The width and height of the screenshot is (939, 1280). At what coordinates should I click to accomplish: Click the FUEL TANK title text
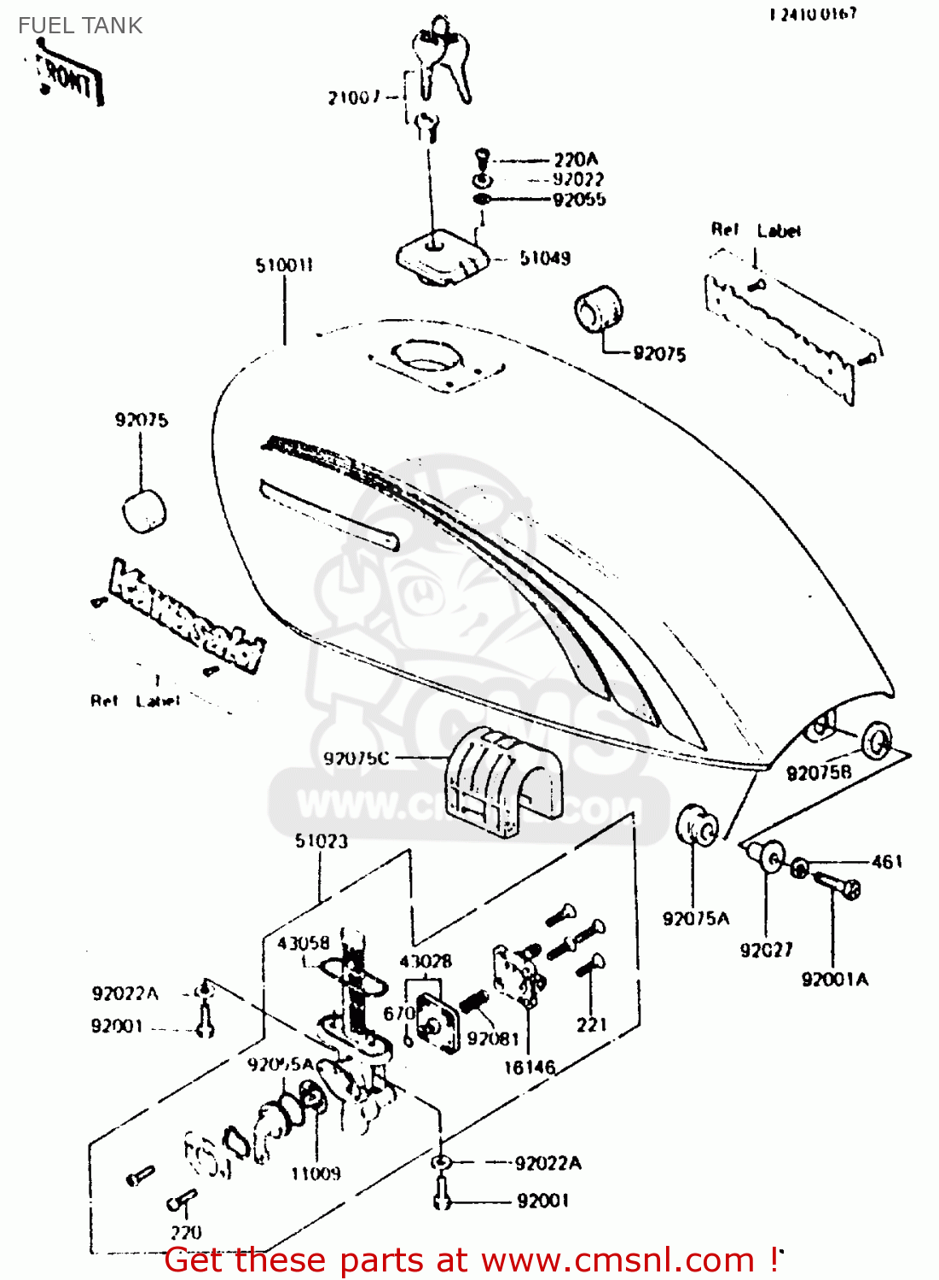coord(80,26)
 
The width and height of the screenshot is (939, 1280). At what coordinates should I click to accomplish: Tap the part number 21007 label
coord(354,97)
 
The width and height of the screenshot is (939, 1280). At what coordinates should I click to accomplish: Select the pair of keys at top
coord(442,60)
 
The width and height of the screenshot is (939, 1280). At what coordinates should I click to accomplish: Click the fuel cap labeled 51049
coord(441,256)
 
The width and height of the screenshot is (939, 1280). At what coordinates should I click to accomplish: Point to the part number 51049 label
coord(545,258)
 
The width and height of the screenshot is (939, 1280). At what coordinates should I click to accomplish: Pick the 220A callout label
coord(576,160)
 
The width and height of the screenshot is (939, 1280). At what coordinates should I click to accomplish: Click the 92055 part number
coord(579,200)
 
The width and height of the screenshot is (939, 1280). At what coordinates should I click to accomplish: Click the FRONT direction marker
coord(70,80)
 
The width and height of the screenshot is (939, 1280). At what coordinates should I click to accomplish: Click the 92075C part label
coord(356,758)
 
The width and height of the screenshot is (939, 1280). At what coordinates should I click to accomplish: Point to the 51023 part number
coord(322,841)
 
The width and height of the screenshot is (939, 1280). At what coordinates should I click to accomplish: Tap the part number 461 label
coord(886,862)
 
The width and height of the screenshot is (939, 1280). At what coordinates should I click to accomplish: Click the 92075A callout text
coord(696,918)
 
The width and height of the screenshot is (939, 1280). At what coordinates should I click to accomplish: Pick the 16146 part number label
coord(529,1067)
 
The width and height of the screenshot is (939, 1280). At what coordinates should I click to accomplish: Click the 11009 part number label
coord(316,1173)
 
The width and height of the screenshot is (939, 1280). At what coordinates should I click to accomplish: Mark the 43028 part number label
coord(426,962)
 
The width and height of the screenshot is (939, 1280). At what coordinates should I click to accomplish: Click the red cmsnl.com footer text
coord(470,1260)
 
